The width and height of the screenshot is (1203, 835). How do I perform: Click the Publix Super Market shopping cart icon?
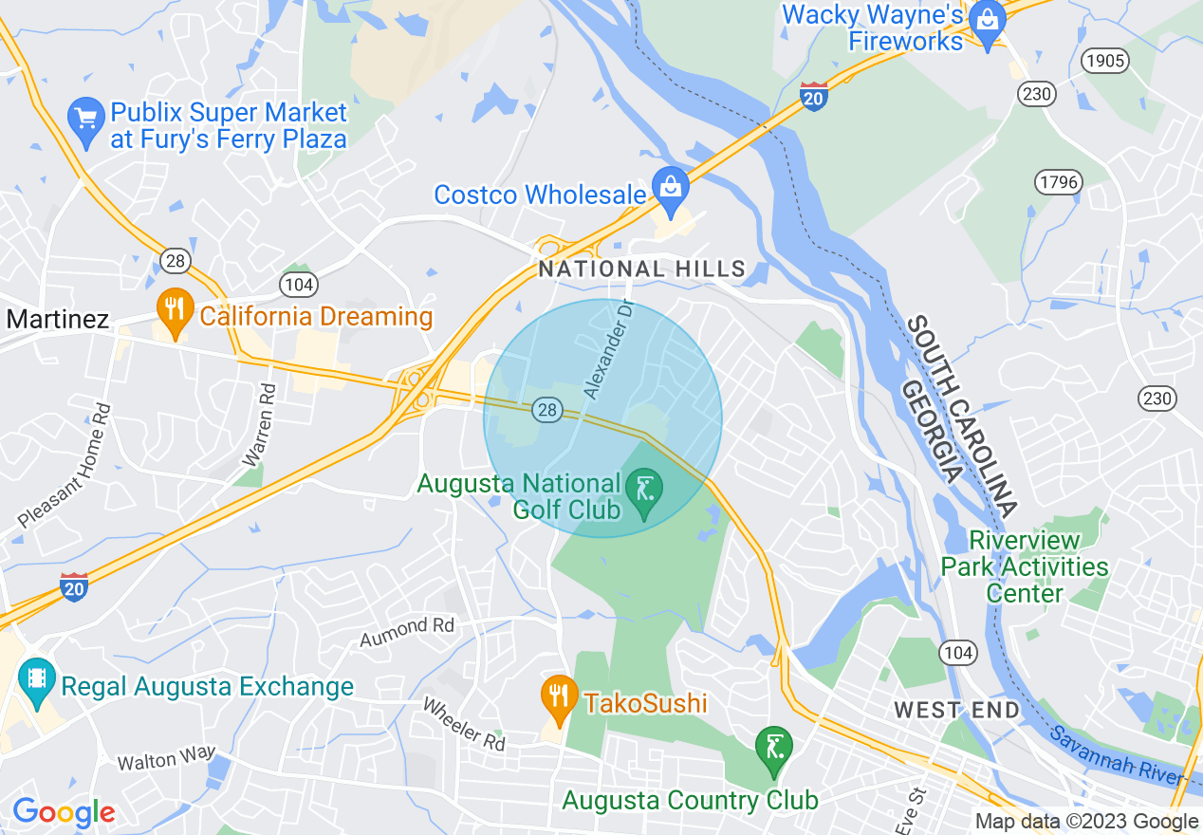(86, 122)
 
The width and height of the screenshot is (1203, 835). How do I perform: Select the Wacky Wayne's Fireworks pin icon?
(988, 23)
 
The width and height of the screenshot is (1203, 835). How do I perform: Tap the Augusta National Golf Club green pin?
(645, 492)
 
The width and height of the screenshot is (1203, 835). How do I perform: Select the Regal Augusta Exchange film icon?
(37, 680)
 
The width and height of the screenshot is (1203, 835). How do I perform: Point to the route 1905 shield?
(1106, 62)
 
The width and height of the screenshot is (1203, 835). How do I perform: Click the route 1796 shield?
(1058, 182)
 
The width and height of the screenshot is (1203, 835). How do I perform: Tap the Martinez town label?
(58, 320)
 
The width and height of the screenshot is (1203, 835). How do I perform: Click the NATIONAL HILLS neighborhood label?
(642, 269)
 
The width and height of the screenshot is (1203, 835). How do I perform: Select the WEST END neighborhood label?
(957, 710)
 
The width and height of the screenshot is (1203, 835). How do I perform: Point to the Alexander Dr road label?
(607, 351)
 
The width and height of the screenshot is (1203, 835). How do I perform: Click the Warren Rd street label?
(259, 424)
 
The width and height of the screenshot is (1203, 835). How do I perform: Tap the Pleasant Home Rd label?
(65, 466)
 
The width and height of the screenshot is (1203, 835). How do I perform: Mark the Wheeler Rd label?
(464, 725)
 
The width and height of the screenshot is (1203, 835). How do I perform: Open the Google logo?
(63, 813)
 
